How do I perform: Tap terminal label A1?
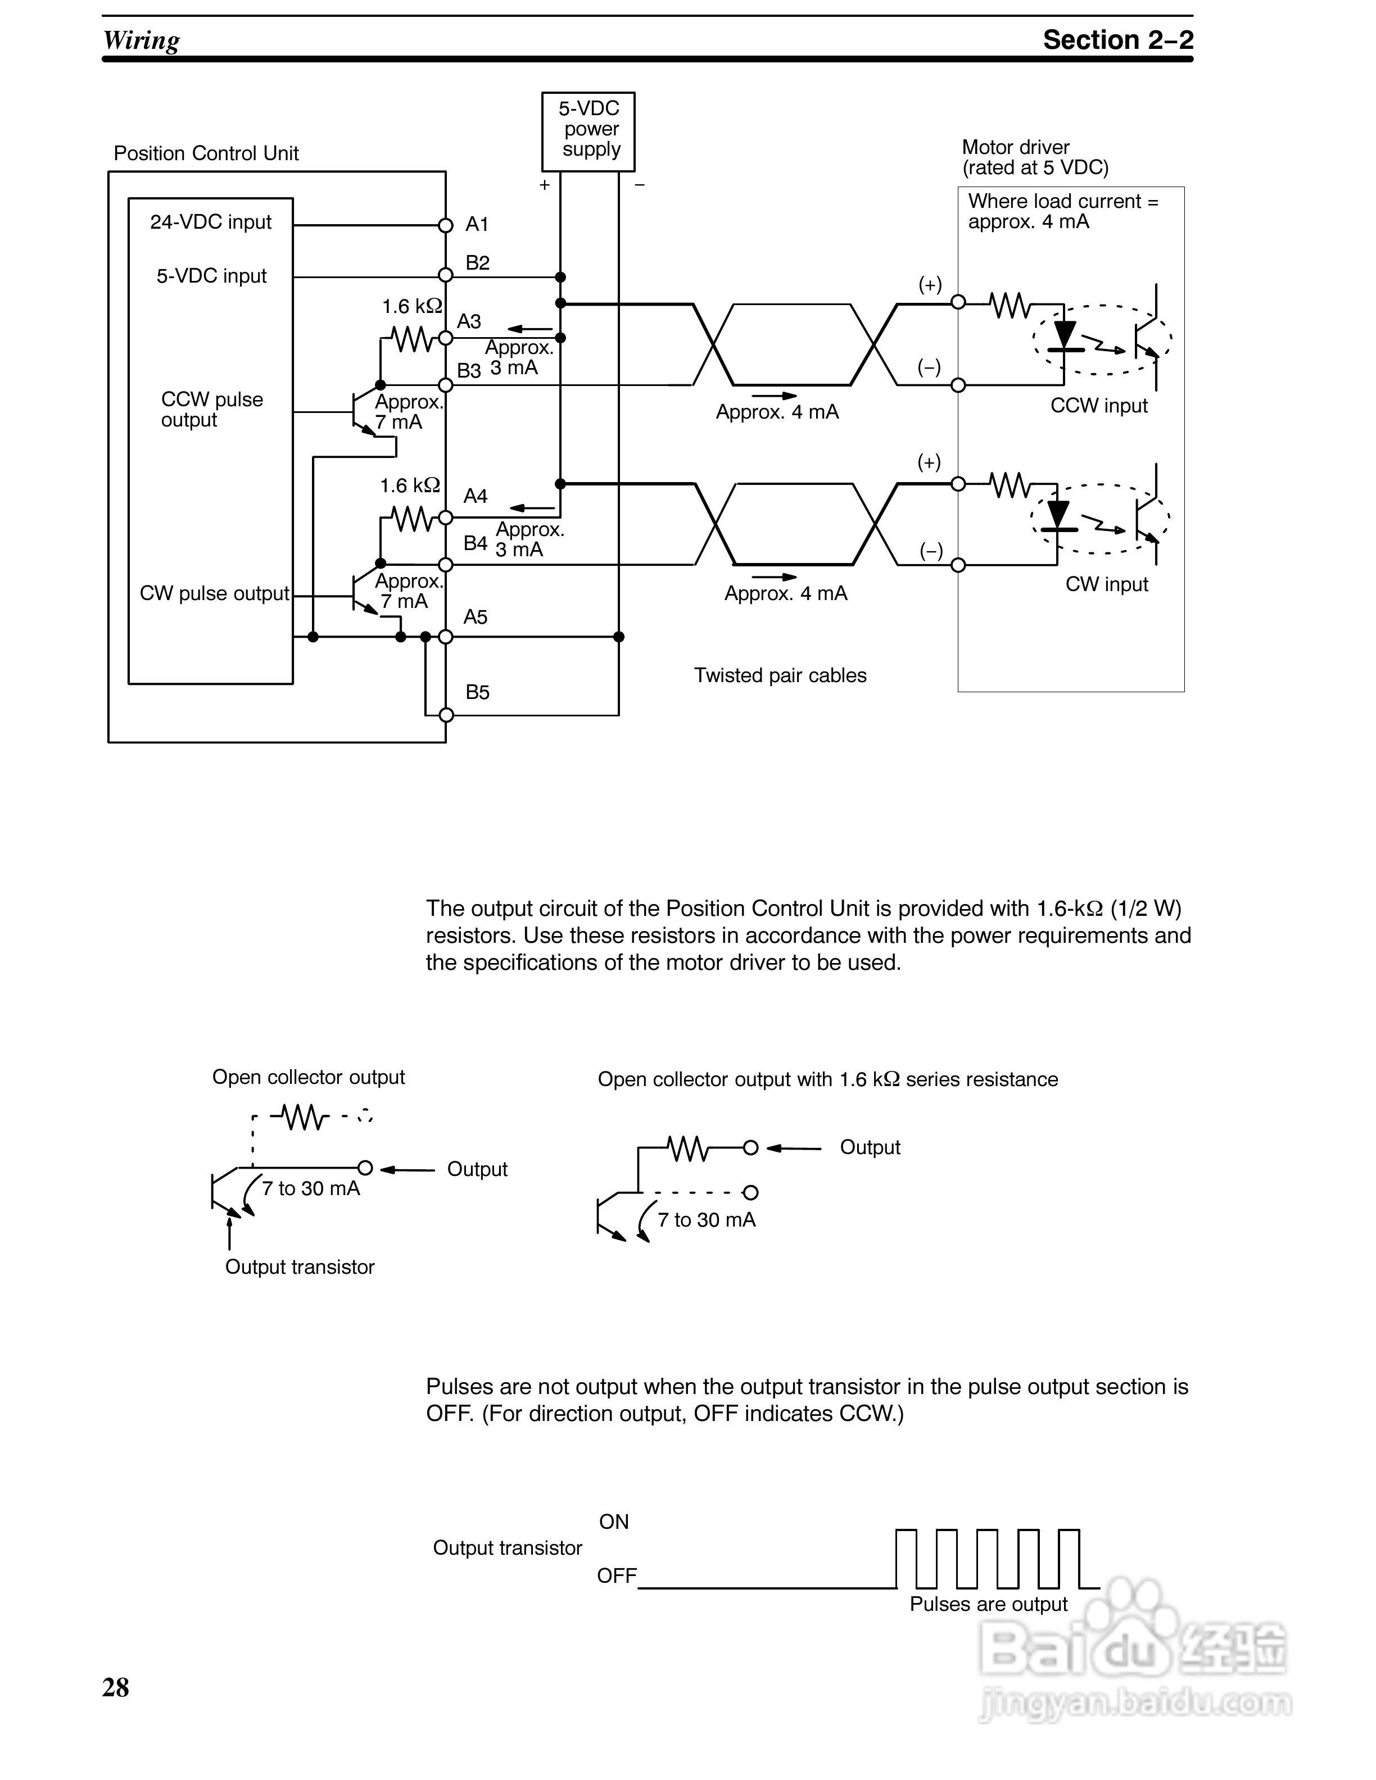tap(477, 224)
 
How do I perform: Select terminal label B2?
tap(478, 262)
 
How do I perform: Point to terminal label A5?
tap(475, 617)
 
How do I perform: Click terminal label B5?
tap(478, 692)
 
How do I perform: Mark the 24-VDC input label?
tap(210, 222)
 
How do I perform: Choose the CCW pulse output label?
tap(211, 409)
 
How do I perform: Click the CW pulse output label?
tap(214, 593)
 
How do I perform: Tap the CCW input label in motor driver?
tap(1098, 406)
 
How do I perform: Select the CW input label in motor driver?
tap(1106, 584)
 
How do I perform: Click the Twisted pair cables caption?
tap(780, 676)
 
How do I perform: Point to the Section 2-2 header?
tap(1117, 39)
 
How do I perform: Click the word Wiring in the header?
tap(141, 40)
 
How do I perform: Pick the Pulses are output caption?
tap(988, 1604)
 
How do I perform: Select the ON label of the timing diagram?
tap(614, 1522)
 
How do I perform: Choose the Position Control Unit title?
tap(206, 153)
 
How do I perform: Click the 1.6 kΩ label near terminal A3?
tap(411, 306)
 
